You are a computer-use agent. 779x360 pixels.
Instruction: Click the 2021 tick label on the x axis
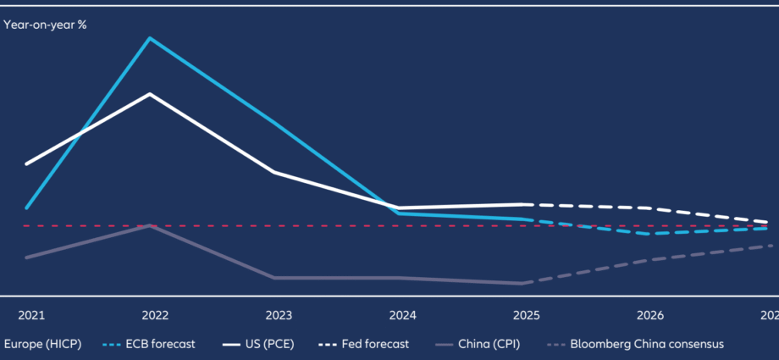[x=31, y=316]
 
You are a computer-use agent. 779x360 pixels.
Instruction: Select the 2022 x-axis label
[x=155, y=316]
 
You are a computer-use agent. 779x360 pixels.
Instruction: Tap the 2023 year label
[x=279, y=316]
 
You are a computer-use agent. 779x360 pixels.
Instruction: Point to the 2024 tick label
[x=402, y=316]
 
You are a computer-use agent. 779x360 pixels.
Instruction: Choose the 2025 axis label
[x=526, y=316]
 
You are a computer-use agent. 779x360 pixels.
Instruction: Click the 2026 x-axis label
[x=649, y=316]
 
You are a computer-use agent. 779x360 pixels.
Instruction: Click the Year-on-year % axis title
[x=46, y=25]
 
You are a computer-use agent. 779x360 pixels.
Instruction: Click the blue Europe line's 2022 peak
[x=150, y=38]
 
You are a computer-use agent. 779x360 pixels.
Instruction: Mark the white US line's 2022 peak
[x=150, y=94]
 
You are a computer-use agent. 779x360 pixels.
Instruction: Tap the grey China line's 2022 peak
[x=150, y=225]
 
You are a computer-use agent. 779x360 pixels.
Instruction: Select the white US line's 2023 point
[x=273, y=172]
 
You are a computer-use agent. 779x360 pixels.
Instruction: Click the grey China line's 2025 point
[x=522, y=283]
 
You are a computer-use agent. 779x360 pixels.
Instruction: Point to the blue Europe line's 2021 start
[x=27, y=208]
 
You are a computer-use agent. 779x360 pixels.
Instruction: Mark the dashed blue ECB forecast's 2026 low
[x=648, y=234]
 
